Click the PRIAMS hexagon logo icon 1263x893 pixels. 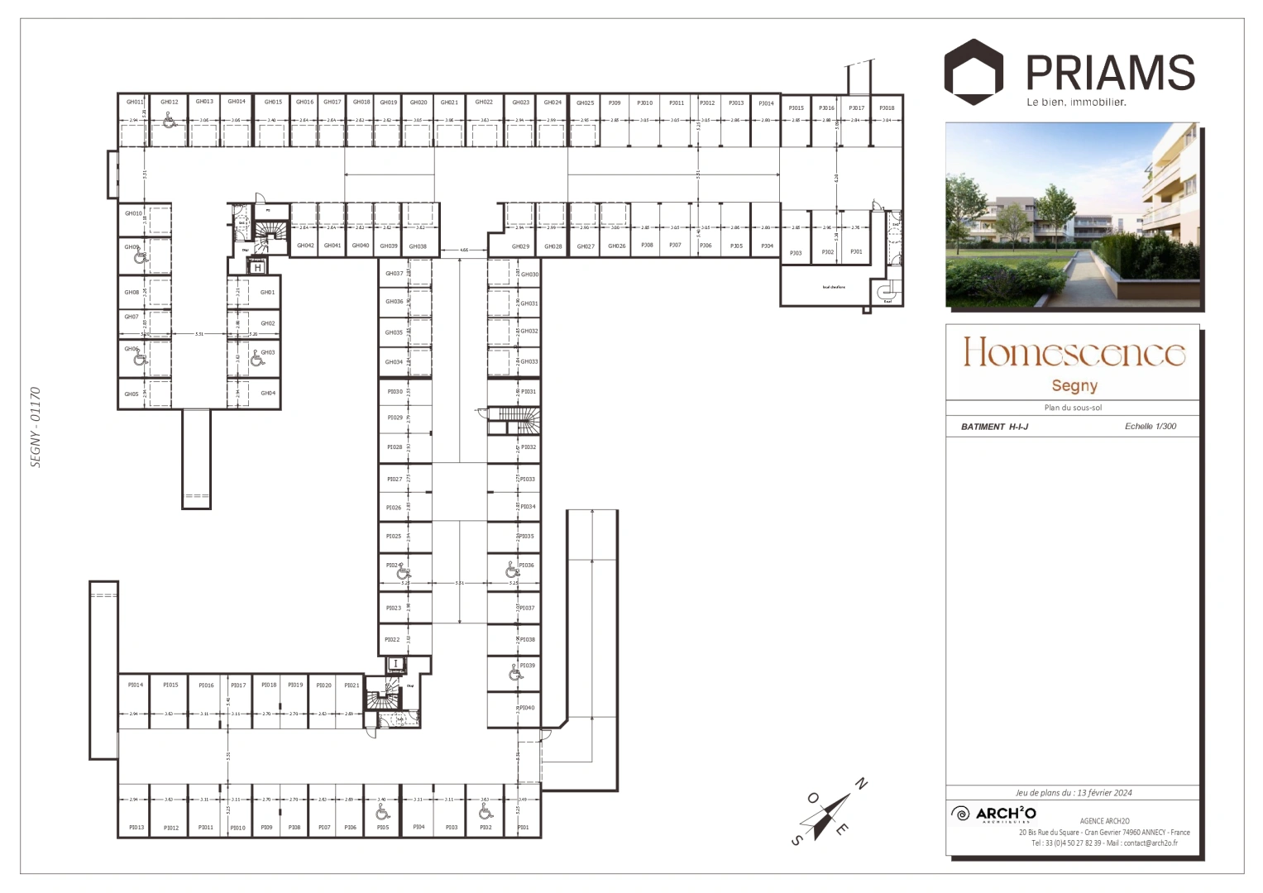974,70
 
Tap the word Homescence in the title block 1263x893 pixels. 1074,352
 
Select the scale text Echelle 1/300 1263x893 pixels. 1150,427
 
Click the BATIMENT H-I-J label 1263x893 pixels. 994,427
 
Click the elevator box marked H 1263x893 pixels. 257,267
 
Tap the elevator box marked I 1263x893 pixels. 395,663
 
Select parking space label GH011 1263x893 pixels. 135,102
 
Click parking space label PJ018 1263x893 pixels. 886,108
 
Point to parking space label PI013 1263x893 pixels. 136,827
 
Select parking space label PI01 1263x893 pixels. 523,827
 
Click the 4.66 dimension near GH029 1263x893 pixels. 464,249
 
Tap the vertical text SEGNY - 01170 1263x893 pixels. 36,427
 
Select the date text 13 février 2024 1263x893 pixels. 1104,792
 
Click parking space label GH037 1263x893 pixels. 394,274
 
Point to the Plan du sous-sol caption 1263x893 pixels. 1073,408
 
